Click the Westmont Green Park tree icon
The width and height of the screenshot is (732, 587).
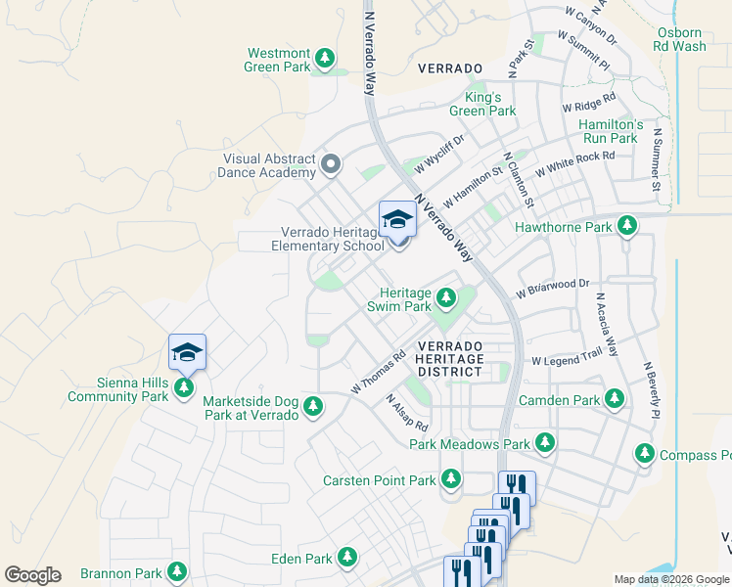click(325, 61)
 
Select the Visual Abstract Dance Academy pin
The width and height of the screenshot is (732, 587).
click(331, 164)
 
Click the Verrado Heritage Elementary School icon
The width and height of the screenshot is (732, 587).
click(397, 220)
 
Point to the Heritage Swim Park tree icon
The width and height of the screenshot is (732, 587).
click(446, 295)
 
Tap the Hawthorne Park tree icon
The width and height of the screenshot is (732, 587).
click(626, 227)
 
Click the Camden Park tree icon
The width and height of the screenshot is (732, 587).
click(615, 399)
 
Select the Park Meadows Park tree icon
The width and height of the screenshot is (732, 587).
click(545, 444)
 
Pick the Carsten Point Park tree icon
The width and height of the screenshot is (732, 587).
click(450, 479)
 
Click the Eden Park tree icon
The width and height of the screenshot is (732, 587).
click(346, 558)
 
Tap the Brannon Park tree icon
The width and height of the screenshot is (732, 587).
click(177, 571)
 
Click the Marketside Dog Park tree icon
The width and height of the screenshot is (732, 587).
click(313, 405)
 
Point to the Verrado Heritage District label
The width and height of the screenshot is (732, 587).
click(449, 359)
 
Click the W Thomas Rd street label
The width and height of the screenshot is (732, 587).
click(378, 374)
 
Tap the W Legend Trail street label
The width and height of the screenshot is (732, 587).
click(567, 360)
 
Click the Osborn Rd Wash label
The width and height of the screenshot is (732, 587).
click(681, 39)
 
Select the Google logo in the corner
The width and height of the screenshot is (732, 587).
click(32, 575)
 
